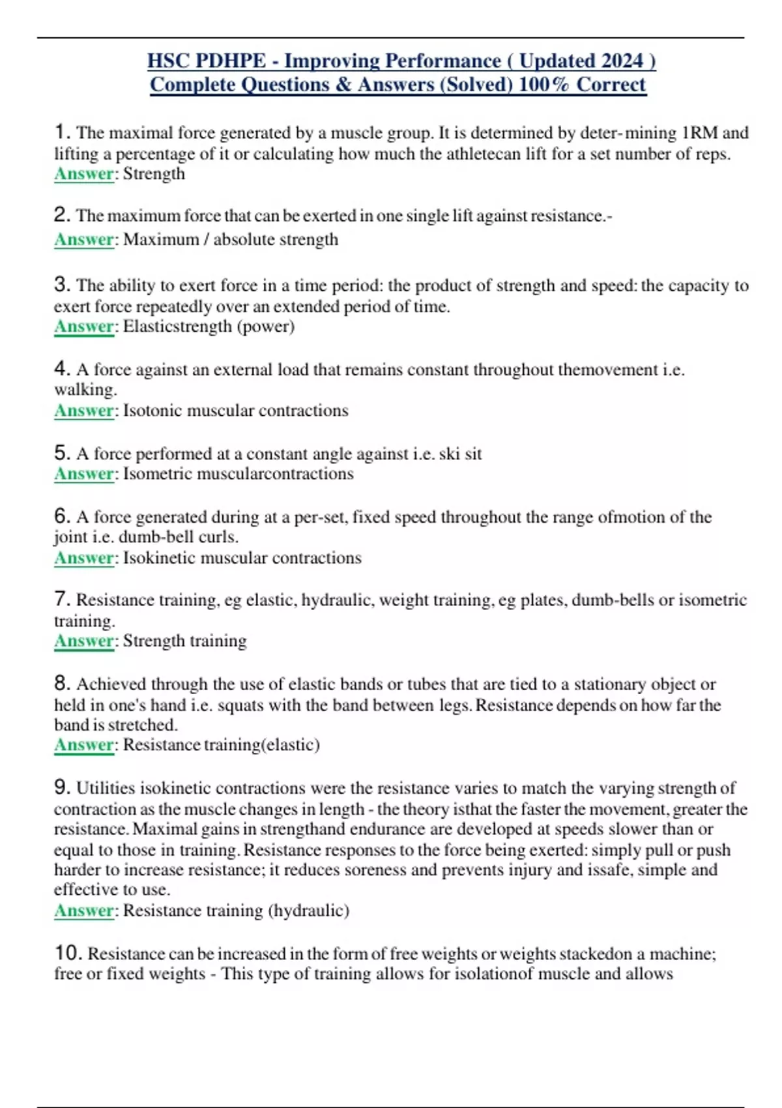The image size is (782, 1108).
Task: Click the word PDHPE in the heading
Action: [231, 61]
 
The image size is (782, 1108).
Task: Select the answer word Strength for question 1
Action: [154, 174]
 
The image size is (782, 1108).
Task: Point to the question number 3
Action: [62, 284]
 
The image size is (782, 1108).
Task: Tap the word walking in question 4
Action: [85, 390]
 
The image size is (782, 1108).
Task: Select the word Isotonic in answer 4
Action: [152, 411]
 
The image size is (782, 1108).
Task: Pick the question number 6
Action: [62, 516]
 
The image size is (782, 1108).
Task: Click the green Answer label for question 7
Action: [84, 641]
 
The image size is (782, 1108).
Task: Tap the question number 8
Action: [62, 683]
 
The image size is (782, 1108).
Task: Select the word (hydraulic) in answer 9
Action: [308, 911]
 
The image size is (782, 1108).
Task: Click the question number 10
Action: [68, 953]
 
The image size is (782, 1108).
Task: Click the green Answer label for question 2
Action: [84, 240]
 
